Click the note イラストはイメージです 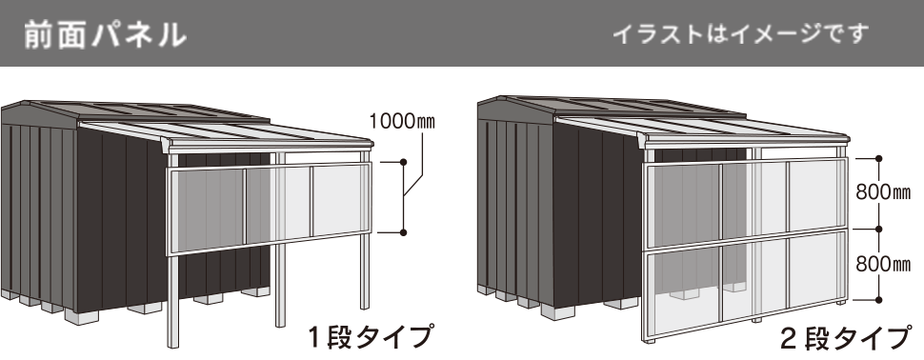click(740, 35)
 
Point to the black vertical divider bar click(462, 219)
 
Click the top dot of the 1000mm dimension click(405, 163)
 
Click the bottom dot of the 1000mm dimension click(405, 231)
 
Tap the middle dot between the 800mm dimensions click(878, 229)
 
